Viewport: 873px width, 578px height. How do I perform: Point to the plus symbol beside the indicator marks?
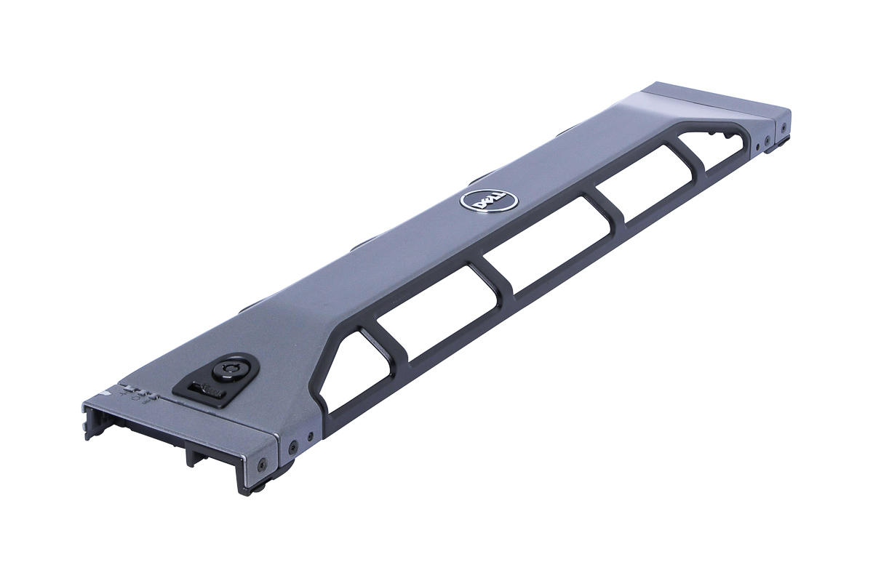point(124,394)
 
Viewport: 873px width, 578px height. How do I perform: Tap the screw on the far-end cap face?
point(784,125)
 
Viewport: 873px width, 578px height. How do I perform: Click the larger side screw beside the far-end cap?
point(766,140)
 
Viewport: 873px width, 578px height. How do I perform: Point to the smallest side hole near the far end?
point(757,147)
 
